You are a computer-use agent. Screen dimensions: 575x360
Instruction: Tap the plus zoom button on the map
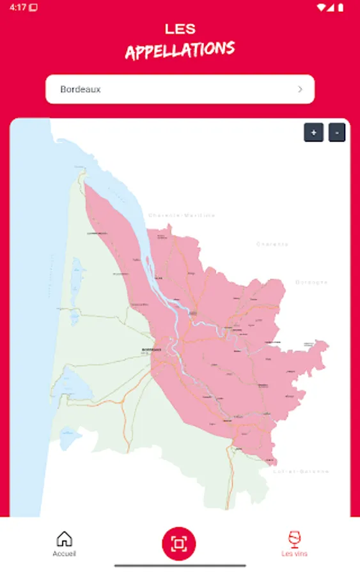313,133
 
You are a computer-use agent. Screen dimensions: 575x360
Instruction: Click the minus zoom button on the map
337,133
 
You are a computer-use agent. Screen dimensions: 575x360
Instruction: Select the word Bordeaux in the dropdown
81,89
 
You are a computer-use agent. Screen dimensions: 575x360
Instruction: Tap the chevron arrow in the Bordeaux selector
300,89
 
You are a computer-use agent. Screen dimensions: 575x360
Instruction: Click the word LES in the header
180,29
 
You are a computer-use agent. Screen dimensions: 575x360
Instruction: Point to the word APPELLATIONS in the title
180,50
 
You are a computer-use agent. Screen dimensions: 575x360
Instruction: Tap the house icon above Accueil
64,539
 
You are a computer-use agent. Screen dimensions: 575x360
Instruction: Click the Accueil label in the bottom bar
64,553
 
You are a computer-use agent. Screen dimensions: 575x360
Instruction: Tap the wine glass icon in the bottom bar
294,539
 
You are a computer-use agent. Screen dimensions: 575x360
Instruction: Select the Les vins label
294,553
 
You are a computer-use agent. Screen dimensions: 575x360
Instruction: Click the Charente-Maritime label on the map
182,215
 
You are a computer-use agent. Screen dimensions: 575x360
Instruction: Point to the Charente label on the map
272,244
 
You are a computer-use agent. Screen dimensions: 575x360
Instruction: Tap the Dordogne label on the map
311,282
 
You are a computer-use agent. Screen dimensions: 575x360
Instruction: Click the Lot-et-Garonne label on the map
301,471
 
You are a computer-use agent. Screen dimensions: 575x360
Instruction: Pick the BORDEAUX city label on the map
151,350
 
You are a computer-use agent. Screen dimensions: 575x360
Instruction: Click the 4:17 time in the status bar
17,7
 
